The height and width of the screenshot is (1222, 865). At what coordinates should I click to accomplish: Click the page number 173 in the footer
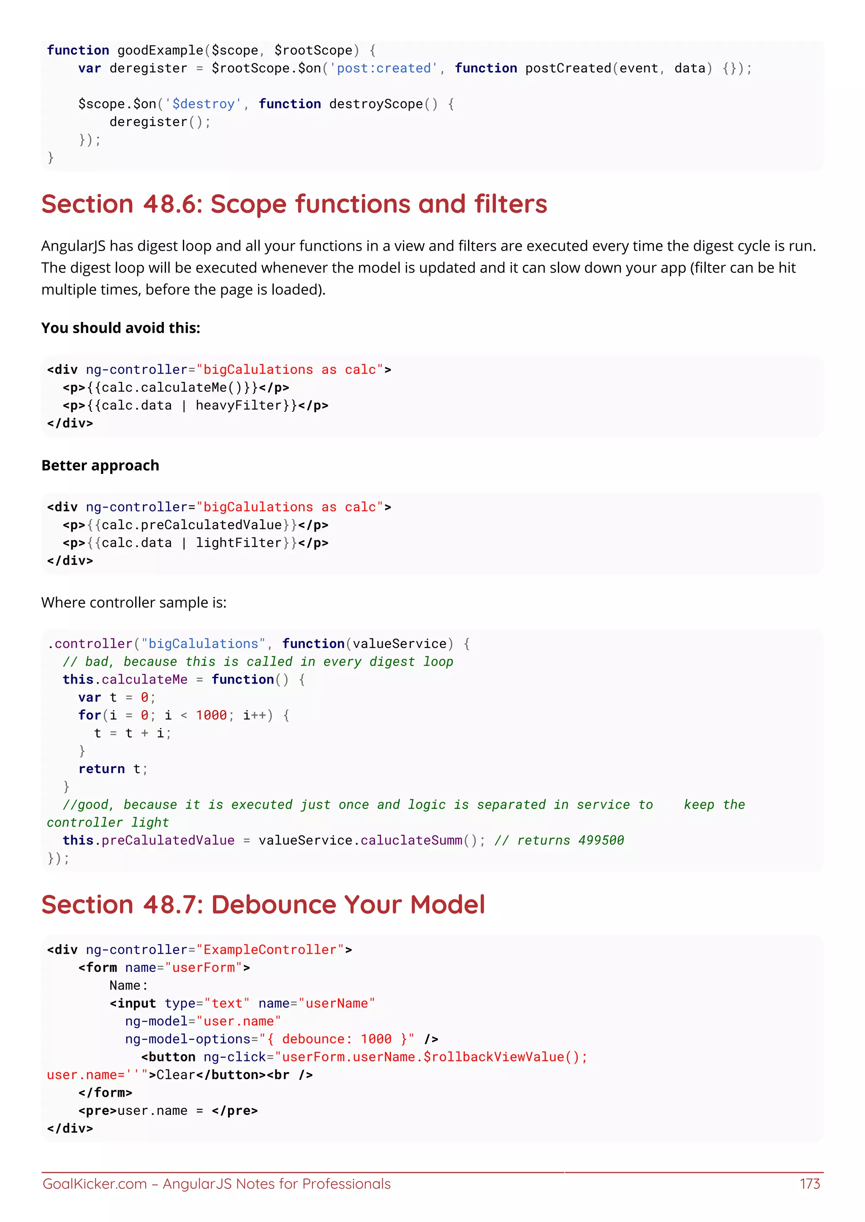coord(810,1184)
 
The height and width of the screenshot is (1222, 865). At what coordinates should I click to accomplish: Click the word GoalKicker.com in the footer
coord(95,1184)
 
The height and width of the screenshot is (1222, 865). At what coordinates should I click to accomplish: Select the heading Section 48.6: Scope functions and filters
coord(294,204)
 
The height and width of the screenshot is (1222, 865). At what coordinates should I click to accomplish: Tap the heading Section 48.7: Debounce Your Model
coord(263,905)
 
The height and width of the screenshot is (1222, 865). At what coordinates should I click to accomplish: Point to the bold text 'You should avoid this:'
coord(120,328)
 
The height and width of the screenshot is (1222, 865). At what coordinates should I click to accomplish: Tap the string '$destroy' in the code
coord(204,104)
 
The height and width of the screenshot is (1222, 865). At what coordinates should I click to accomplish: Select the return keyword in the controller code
coord(101,769)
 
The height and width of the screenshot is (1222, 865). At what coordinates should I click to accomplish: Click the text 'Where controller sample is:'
coord(134,603)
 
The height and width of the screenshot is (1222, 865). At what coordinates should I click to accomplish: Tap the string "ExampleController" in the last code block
coord(270,950)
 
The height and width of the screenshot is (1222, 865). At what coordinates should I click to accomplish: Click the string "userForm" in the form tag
coord(204,968)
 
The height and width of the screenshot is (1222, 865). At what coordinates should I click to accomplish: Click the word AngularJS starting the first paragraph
coord(73,246)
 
